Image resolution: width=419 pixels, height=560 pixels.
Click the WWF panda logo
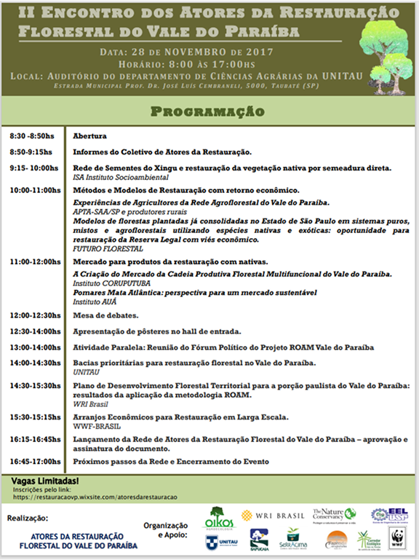pyautogui.click(x=397, y=540)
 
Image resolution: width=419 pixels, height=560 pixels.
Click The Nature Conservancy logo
pyautogui.click(x=334, y=516)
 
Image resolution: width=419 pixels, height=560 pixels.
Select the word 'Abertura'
pyautogui.click(x=90, y=136)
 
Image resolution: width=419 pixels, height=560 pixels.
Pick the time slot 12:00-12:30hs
pyautogui.click(x=36, y=315)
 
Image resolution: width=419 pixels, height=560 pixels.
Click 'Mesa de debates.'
pyautogui.click(x=105, y=315)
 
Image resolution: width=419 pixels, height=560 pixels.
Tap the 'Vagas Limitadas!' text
pyautogui.click(x=46, y=482)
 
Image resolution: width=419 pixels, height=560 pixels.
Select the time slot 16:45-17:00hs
pyautogui.click(x=36, y=461)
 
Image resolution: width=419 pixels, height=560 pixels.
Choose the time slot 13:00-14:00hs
pyautogui.click(x=36, y=347)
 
